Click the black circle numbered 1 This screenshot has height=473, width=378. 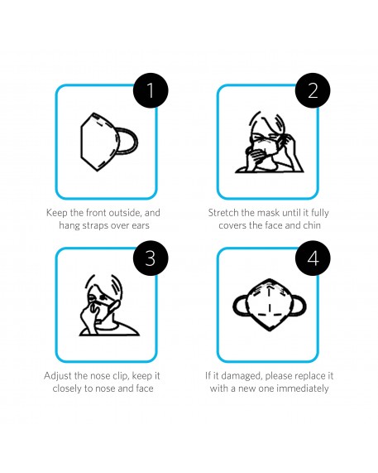151,90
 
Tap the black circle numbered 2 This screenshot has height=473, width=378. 313,90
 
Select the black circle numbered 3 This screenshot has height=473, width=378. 151,258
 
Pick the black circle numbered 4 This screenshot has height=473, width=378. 313,258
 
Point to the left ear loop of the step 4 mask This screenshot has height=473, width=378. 236,306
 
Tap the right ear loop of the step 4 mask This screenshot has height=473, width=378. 303,306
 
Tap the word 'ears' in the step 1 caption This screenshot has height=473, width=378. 141,225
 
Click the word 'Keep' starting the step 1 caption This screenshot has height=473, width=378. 57,213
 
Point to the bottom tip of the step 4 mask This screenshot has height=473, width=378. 270,331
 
